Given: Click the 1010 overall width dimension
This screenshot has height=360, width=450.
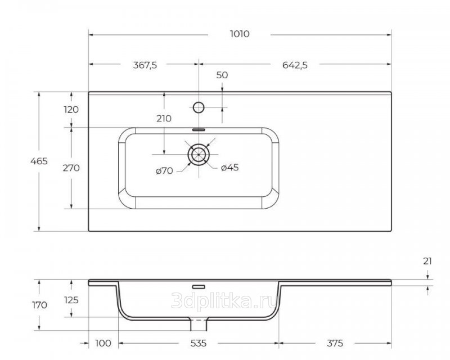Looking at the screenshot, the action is coord(240,34).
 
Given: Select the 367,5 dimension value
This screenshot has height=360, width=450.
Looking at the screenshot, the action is coord(145,65).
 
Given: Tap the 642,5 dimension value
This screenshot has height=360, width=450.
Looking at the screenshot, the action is coord(295,65).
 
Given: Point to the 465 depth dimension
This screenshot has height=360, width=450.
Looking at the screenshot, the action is coord(39,161).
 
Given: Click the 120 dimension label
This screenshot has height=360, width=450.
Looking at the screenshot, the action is coord(71,109).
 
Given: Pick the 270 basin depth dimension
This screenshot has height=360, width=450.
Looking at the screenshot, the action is coord(71,168).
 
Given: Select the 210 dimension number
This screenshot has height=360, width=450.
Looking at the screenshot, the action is coord(164,118).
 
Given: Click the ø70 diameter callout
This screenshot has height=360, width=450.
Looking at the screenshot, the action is coord(164,171).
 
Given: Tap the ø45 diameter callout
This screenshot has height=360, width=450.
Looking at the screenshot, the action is coord(229,168).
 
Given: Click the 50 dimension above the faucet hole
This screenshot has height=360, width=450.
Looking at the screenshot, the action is coord(222,75).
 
